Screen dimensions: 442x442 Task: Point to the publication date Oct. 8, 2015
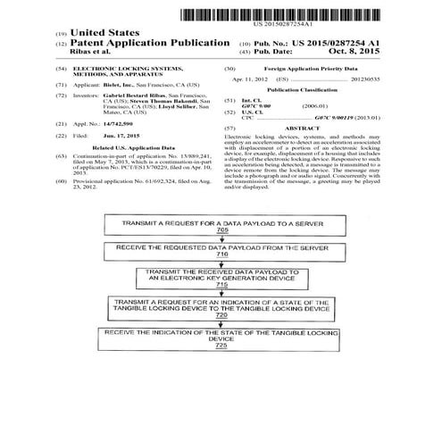tap(354, 54)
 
